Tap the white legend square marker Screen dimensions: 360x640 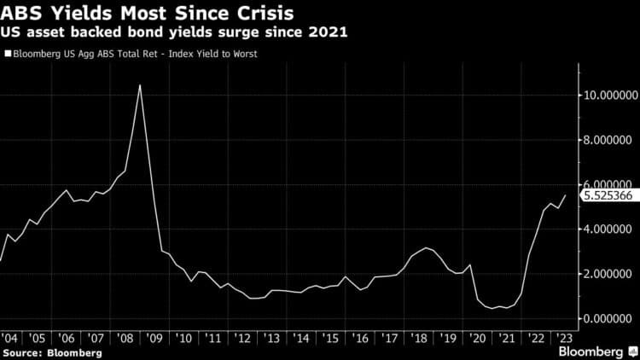[7, 55]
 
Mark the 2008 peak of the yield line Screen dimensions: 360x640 [139, 84]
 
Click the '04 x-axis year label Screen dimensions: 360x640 [11, 338]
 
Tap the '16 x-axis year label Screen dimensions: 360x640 [362, 338]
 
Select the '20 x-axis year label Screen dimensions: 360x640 [478, 338]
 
